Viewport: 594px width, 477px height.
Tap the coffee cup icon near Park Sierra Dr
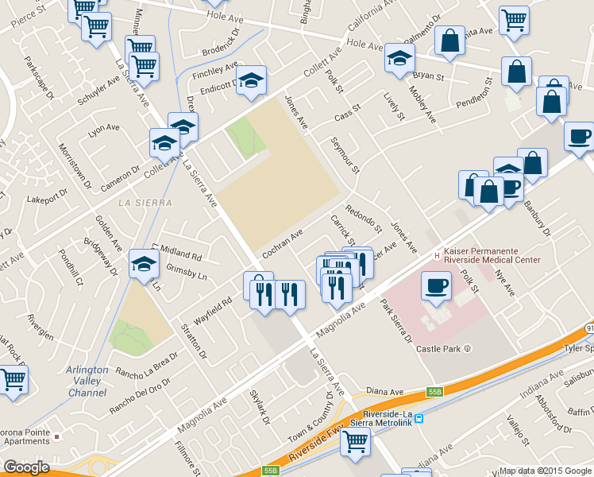(x=435, y=284)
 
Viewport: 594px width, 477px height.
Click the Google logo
(x=26, y=467)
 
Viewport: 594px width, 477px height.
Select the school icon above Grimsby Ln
(x=144, y=263)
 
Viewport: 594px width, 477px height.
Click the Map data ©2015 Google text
(x=545, y=471)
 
